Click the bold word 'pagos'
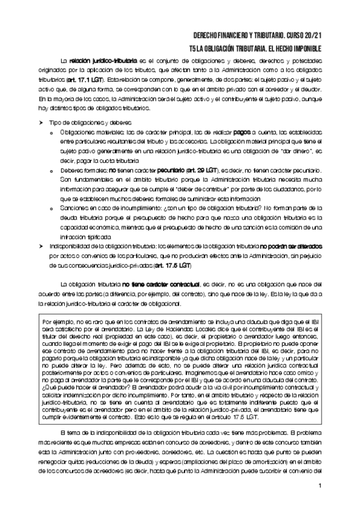click(243, 132)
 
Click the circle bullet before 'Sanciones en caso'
click(53, 206)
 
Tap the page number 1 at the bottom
click(321, 486)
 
